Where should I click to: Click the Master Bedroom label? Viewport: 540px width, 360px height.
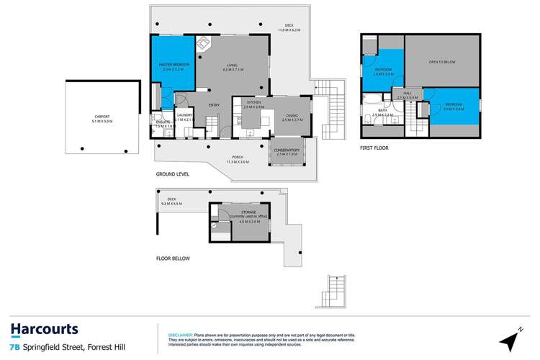175,67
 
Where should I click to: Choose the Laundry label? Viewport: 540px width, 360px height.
185,117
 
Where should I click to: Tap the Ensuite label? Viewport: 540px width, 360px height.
164,124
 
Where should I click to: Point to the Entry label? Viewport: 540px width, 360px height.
214,106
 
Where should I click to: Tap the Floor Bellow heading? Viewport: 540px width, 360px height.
172,258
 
